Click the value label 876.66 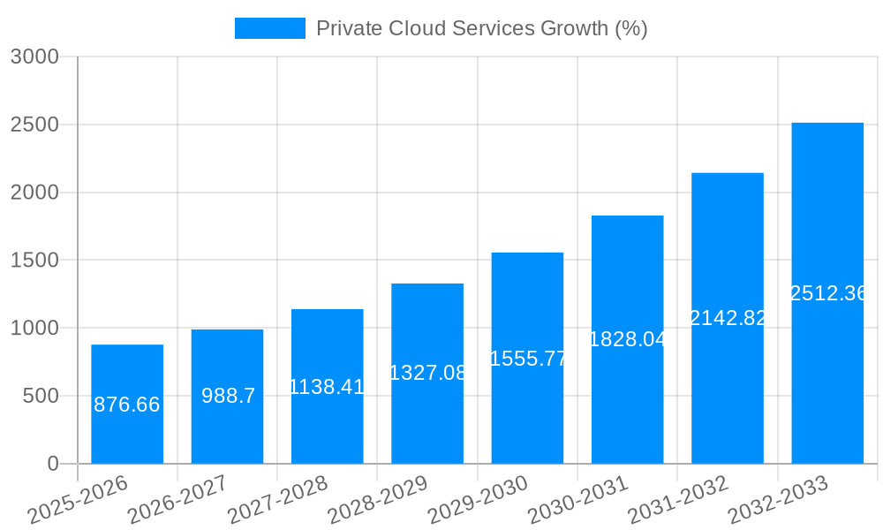tap(127, 405)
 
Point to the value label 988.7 tap(228, 396)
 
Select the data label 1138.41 tap(327, 386)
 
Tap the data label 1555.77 tap(527, 358)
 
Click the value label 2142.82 tap(728, 318)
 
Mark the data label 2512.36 tap(827, 293)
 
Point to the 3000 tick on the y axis tap(34, 57)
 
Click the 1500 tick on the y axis tap(34, 261)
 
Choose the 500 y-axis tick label tap(41, 396)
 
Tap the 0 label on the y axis tap(52, 464)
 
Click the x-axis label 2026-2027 tap(177, 499)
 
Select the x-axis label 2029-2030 tap(478, 499)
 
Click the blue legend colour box tap(269, 28)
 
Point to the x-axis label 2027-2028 tap(277, 499)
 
